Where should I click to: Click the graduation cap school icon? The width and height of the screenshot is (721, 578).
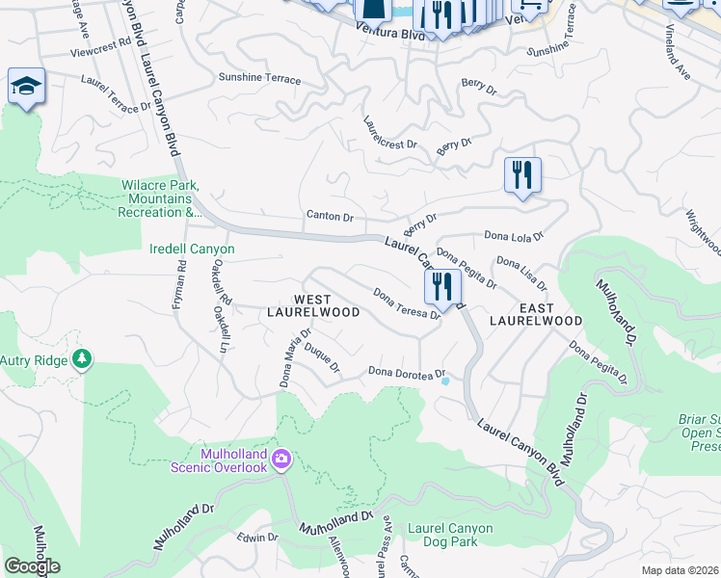pos(26,86)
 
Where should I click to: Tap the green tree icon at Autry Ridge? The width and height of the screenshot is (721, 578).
pos(83,359)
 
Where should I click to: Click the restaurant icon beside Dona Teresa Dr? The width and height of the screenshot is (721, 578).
pos(442,286)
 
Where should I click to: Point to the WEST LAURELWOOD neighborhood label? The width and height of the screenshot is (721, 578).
pos(327,305)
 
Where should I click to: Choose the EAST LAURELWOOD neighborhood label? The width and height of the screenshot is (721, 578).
pos(536,313)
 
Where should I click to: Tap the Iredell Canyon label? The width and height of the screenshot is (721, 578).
pos(193,249)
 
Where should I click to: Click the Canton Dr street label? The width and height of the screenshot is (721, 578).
pos(330,216)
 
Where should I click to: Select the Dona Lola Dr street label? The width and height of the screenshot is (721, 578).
pos(514,235)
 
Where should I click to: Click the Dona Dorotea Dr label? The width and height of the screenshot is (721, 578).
pos(406,373)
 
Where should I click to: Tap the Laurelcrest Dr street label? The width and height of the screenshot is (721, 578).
pos(389,134)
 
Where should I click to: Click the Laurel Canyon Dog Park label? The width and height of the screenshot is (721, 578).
pos(450,535)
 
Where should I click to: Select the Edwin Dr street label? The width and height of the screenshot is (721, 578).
pos(257,538)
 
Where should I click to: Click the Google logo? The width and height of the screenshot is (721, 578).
pos(32,566)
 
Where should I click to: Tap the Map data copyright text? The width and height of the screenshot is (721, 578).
pos(680,570)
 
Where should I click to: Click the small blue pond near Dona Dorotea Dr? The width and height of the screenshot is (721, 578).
pos(444,381)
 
